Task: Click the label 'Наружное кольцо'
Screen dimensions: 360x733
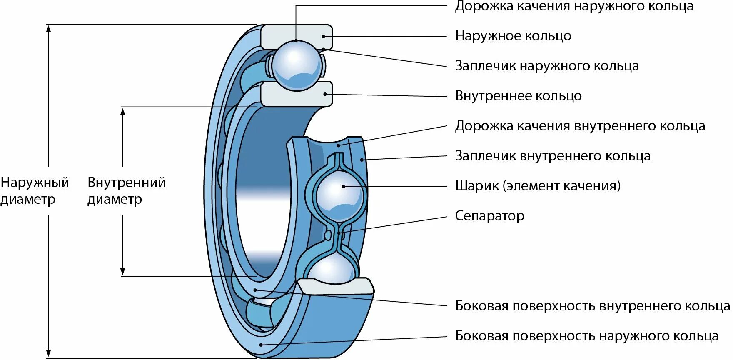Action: pos(513,36)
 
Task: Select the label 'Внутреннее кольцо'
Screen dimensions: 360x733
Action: pos(518,96)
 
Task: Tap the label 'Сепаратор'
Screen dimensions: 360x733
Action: pos(489,216)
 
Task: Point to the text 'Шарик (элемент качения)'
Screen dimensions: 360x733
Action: pos(538,186)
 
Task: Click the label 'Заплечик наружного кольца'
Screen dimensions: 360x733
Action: pos(547,66)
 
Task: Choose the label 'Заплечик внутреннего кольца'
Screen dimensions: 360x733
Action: pos(553,156)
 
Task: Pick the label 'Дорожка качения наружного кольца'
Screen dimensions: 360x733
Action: pos(574,6)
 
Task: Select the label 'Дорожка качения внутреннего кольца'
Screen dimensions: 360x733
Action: pos(580,126)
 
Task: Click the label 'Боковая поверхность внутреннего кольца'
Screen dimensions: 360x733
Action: pos(592,306)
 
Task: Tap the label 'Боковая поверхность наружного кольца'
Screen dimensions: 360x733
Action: pos(586,336)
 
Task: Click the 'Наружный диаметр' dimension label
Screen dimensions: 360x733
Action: pos(34,190)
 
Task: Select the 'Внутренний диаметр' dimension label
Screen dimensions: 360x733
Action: pos(126,190)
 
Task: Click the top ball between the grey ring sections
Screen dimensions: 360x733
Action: pos(296,65)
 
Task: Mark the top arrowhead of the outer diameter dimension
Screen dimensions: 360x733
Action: pos(49,29)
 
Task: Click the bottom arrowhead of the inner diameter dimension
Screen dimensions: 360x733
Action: pos(123,271)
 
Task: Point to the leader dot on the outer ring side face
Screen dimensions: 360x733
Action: pos(261,345)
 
